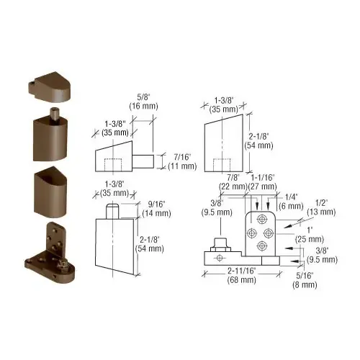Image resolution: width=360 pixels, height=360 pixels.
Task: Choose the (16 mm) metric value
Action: [x=139, y=106]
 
